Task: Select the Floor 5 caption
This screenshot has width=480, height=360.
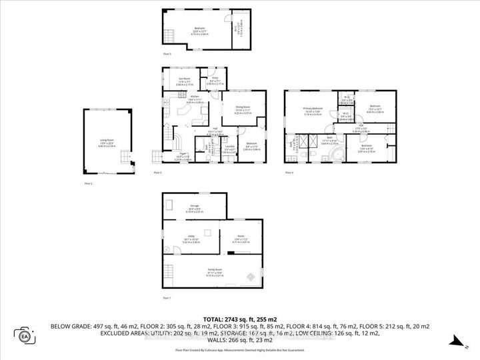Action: click(x=167, y=53)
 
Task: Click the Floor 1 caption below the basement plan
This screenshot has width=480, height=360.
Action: click(x=167, y=297)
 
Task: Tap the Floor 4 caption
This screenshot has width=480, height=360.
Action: click(x=289, y=173)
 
